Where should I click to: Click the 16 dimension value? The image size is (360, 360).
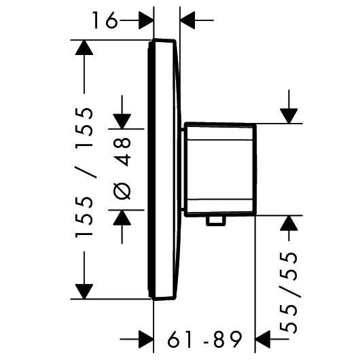(105, 20)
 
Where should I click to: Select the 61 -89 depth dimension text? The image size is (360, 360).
(205, 340)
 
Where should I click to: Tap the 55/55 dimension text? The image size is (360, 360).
(289, 293)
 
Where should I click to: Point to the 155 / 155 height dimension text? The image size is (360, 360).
(84, 173)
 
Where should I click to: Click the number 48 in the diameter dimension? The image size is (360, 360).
(122, 151)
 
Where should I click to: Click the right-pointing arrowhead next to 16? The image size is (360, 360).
(146, 20)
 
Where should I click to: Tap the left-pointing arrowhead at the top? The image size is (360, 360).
(187, 20)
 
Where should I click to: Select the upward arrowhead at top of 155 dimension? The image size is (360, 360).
(84, 48)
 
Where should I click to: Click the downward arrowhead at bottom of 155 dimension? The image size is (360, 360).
(84, 291)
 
